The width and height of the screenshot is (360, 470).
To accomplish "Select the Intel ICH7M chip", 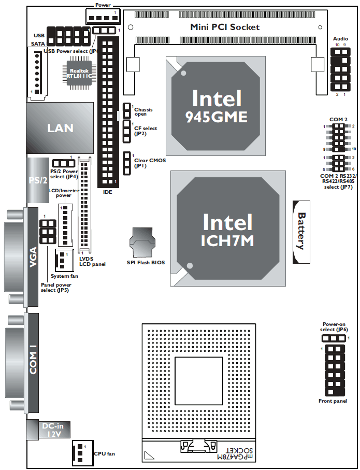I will click(228, 230).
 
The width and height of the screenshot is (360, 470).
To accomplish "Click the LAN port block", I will click(59, 127).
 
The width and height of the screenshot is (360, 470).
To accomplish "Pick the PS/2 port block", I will click(37, 181).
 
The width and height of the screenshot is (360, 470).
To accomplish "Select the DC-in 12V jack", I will click(51, 430).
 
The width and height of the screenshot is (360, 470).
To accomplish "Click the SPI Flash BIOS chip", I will click(142, 243).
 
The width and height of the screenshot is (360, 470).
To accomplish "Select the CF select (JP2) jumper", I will click(127, 132).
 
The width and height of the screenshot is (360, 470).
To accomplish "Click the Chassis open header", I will click(127, 110).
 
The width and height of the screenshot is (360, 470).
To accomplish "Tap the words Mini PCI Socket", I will click(225, 27).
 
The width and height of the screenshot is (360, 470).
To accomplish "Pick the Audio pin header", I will click(340, 69).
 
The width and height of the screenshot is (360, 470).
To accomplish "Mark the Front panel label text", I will click(333, 401).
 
